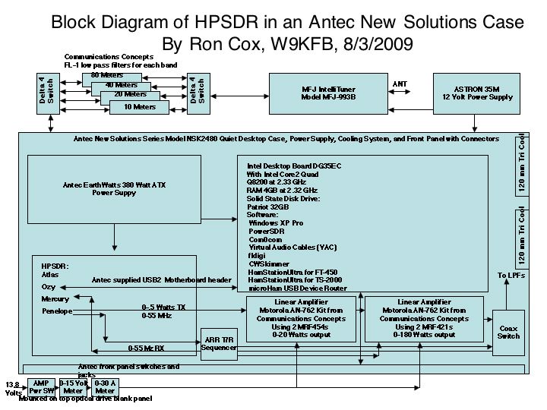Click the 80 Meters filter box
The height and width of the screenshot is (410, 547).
107,75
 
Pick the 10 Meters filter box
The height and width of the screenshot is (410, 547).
138,107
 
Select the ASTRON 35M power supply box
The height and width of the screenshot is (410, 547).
476,93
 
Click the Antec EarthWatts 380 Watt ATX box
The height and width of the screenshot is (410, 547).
114,189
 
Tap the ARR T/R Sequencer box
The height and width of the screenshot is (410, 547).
219,344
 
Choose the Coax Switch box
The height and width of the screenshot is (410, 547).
508,332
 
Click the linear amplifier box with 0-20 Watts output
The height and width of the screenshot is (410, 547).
296,319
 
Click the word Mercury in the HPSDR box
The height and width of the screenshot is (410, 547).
55,299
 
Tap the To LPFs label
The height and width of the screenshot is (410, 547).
511,276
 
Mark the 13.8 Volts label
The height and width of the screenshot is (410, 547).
13,389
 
